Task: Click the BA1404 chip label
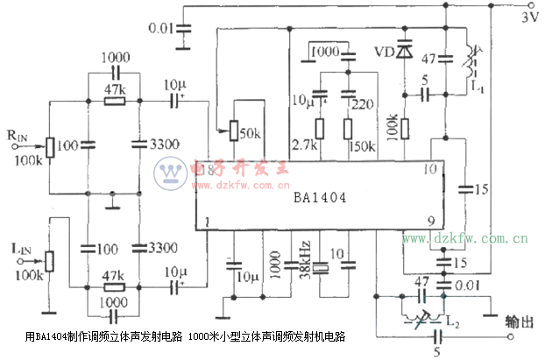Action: point(320,198)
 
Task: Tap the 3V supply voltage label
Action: point(531,17)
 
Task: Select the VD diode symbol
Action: point(404,52)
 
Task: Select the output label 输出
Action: point(520,323)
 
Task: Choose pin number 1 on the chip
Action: point(207,222)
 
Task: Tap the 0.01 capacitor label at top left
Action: point(159,30)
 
